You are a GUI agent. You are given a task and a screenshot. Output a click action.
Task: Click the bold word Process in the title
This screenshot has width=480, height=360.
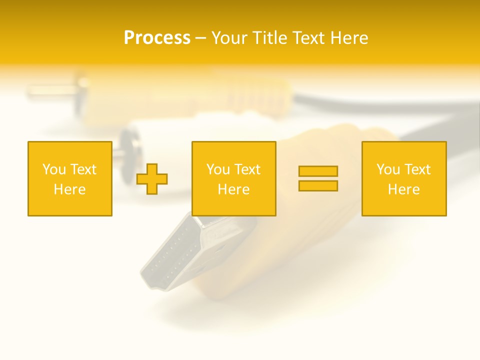(x=157, y=38)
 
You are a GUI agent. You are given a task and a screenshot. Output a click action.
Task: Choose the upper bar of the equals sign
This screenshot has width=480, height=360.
(x=318, y=171)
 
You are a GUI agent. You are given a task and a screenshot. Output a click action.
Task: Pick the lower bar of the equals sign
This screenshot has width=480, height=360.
(x=318, y=185)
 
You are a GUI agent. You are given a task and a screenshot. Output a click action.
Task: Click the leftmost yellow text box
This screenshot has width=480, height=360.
(x=70, y=178)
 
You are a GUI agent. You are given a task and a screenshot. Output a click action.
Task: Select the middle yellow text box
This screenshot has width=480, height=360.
(x=234, y=178)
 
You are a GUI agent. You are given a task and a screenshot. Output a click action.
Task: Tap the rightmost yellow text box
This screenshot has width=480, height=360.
(x=404, y=178)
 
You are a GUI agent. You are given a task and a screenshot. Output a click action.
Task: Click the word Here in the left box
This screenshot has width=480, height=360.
(x=70, y=189)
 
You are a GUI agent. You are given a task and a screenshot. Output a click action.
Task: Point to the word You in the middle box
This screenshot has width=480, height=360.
(x=218, y=169)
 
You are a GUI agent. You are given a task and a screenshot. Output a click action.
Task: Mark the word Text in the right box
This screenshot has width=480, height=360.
(x=416, y=169)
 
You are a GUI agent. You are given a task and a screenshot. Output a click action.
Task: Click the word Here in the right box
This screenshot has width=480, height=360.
(x=404, y=189)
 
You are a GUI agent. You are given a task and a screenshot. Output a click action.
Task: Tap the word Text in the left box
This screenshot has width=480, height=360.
(x=82, y=169)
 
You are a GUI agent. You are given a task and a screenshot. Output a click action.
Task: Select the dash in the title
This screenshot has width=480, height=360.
(x=201, y=38)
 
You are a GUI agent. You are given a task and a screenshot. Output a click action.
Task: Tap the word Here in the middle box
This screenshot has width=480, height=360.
(x=234, y=189)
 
